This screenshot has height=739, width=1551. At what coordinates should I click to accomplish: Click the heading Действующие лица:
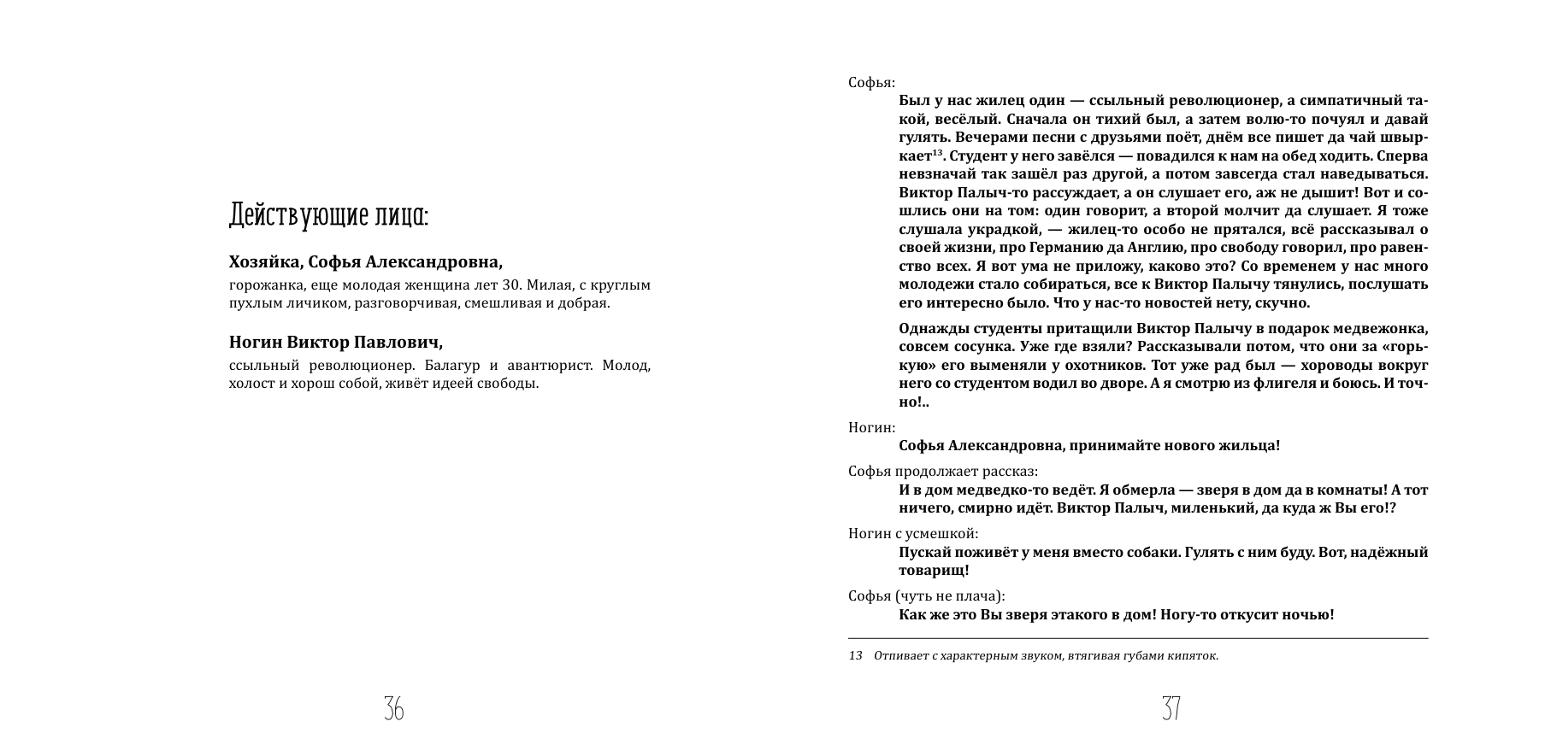point(328,215)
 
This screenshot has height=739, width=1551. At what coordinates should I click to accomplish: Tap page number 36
point(393,707)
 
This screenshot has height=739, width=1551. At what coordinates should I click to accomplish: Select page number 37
point(1171,707)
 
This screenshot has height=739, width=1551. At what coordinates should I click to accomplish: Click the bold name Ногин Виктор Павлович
point(336,343)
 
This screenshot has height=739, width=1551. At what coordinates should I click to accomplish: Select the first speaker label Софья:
point(871,83)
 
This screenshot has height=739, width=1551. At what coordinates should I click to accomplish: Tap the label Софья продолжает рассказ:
point(943,472)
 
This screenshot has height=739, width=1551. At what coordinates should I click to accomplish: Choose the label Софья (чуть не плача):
point(927,596)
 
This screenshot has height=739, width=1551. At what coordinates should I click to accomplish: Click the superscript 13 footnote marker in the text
point(937,153)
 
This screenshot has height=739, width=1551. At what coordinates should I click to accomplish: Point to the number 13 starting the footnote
point(855,656)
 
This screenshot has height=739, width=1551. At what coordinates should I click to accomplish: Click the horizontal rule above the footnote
point(1137,638)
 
